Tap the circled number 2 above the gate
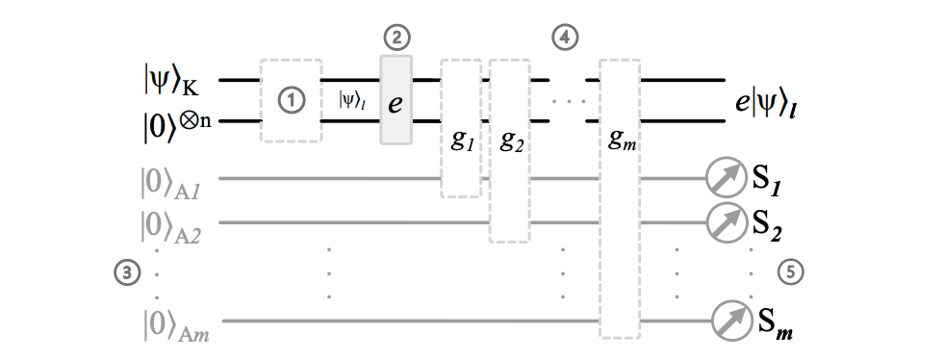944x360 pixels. tap(395, 39)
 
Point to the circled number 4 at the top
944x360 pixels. tap(565, 39)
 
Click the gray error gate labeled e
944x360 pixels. tap(396, 100)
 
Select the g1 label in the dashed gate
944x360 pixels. tap(460, 141)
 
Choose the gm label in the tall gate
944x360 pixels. tap(622, 141)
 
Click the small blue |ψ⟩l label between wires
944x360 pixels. tap(351, 99)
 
